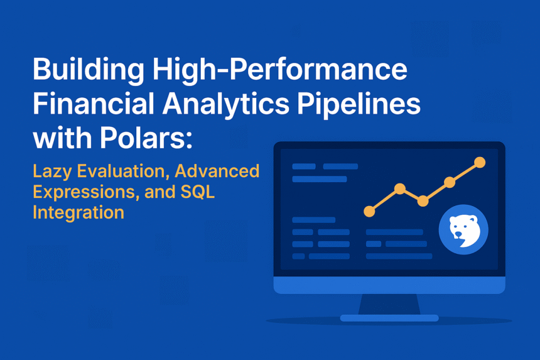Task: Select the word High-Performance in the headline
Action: (x=280, y=70)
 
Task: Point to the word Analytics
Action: (x=226, y=105)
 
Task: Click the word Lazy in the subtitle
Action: (x=52, y=172)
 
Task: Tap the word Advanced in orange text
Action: (x=217, y=171)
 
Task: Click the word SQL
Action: (x=197, y=192)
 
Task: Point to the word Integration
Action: (x=78, y=212)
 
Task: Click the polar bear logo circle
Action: (x=463, y=229)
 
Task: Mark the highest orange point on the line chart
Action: (x=480, y=162)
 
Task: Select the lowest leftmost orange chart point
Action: (x=369, y=211)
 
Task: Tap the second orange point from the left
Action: (x=400, y=188)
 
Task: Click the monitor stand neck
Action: (x=389, y=304)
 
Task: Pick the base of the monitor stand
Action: (x=389, y=318)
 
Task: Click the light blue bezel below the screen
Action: (x=389, y=285)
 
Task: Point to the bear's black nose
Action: (x=458, y=234)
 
